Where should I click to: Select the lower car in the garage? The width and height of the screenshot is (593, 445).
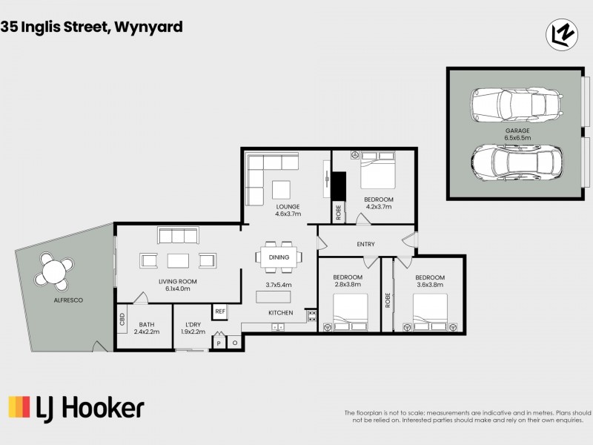pyautogui.click(x=516, y=160)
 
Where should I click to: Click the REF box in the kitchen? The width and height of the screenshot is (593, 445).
pyautogui.click(x=220, y=312)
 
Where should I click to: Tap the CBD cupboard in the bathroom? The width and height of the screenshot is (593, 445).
pyautogui.click(x=122, y=320)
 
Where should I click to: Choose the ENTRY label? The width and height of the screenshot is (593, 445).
pyautogui.click(x=365, y=244)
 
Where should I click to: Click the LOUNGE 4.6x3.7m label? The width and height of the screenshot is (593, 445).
pyautogui.click(x=287, y=210)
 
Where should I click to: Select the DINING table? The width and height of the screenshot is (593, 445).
pyautogui.click(x=279, y=257)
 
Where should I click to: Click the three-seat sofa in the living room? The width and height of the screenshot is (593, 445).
pyautogui.click(x=178, y=236)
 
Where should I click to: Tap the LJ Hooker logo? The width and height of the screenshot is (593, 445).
pyautogui.click(x=76, y=408)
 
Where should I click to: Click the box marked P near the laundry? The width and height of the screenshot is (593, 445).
pyautogui.click(x=218, y=343)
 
